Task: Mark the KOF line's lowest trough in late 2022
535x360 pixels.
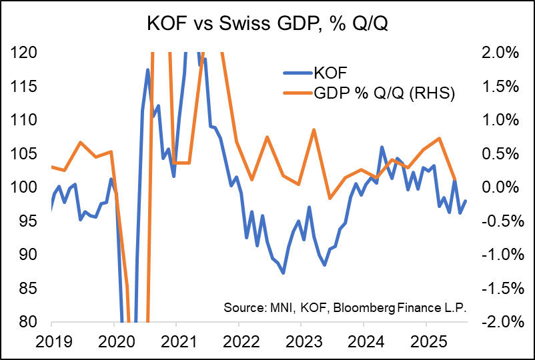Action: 284,273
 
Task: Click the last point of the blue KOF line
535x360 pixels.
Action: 466,201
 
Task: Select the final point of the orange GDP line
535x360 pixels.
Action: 455,180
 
